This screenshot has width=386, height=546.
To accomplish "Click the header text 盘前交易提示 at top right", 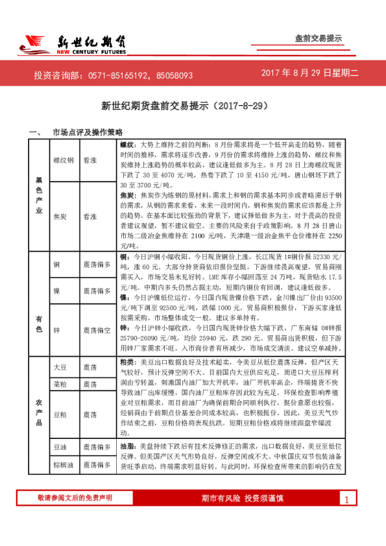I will [x=318, y=38].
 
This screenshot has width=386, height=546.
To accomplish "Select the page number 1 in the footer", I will [x=346, y=499].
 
